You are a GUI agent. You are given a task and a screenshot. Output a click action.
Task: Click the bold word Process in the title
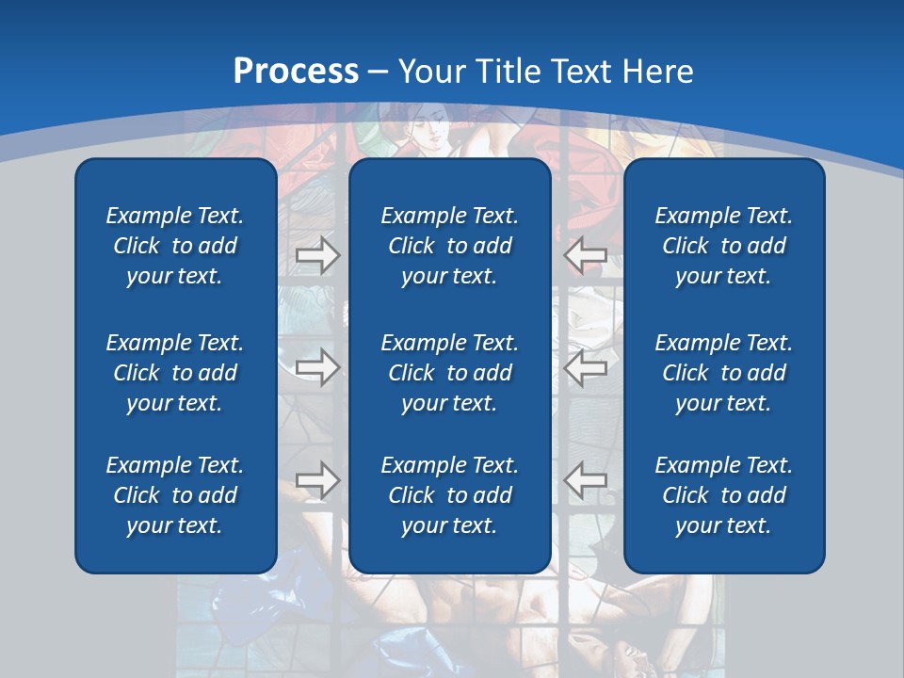296,72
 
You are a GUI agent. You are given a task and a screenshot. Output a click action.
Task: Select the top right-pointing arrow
317,255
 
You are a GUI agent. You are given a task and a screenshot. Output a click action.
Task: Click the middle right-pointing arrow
317,366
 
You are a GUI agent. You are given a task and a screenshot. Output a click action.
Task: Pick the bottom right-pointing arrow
317,480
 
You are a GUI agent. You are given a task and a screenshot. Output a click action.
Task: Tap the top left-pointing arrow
586,254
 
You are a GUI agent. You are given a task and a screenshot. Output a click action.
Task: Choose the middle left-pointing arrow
586,366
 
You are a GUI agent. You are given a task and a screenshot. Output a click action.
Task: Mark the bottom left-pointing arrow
586,480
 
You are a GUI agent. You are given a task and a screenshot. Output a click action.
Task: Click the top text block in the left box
175,246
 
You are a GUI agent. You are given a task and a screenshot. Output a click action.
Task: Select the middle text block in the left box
175,373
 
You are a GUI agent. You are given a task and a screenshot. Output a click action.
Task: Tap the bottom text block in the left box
175,495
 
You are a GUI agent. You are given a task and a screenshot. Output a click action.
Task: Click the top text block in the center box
449,246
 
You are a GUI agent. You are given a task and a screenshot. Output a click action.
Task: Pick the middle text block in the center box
449,373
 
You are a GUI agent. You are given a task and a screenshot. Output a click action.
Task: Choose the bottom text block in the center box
449,495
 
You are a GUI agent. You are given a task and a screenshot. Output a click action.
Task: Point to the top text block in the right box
723,246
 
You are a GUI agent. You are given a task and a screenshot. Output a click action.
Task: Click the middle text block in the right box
723,373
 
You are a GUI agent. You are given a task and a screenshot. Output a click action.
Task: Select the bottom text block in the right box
723,495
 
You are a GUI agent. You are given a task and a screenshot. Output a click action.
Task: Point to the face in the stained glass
433,132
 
